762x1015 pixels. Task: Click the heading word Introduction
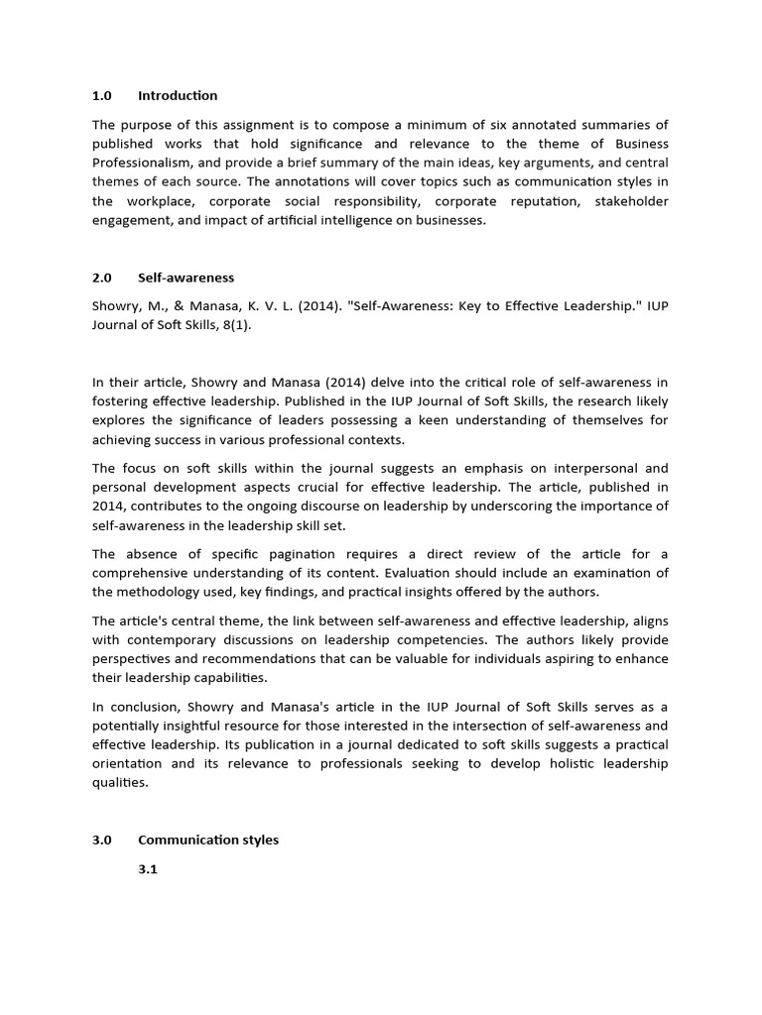pyautogui.click(x=178, y=96)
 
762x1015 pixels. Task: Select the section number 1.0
pyautogui.click(x=102, y=96)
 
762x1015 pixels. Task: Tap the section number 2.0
pyautogui.click(x=102, y=278)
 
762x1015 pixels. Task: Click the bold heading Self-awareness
pyautogui.click(x=186, y=278)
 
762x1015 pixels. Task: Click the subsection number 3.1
pyautogui.click(x=148, y=869)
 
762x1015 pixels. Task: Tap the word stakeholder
pyautogui.click(x=631, y=202)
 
